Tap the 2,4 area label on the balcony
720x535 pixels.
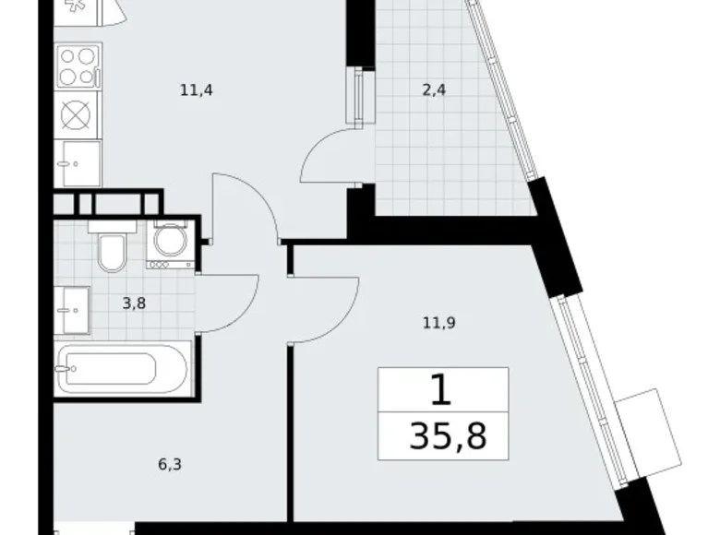tap(433, 90)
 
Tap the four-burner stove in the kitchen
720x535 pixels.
tap(78, 66)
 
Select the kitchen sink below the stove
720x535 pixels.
tap(78, 114)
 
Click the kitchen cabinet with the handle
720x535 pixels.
tap(78, 164)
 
